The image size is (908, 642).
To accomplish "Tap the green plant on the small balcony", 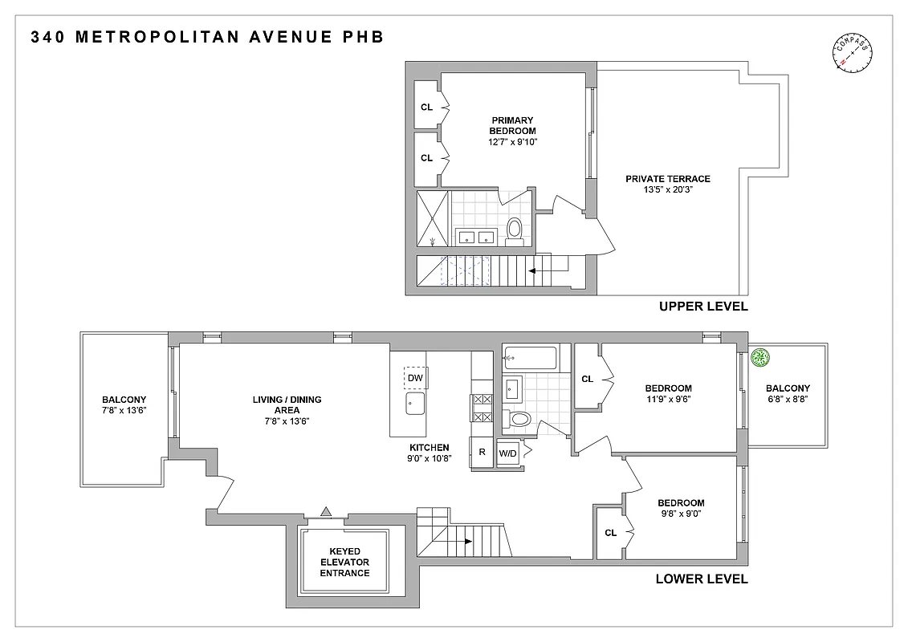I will [759, 359].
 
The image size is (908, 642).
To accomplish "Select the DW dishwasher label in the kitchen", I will [415, 378].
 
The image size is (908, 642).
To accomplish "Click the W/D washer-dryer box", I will [508, 453].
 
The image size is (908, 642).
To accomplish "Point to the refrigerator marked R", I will [482, 452].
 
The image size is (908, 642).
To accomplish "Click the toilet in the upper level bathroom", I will [514, 230].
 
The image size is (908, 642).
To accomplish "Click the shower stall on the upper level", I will [433, 218].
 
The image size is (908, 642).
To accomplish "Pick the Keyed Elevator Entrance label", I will [344, 562].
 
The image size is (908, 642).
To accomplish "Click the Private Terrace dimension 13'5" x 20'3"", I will [668, 191].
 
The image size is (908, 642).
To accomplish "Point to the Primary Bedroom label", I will [513, 125].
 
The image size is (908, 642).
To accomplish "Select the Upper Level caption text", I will [702, 307].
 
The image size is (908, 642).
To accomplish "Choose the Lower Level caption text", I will [702, 579].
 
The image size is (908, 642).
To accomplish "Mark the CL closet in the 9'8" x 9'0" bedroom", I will [610, 532].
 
